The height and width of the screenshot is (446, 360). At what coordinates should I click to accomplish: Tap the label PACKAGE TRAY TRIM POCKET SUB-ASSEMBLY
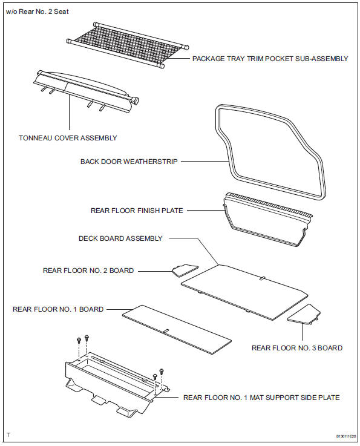point(270,59)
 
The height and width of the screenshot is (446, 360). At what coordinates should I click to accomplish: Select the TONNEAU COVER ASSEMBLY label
point(68,138)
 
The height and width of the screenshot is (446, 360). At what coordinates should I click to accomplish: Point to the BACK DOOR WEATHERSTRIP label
point(129,162)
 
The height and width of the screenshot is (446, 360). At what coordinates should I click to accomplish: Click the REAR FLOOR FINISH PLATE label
point(137,211)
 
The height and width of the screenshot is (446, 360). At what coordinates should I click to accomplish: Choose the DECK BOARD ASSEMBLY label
point(120,238)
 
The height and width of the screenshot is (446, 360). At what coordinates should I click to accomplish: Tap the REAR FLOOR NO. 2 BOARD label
point(88,271)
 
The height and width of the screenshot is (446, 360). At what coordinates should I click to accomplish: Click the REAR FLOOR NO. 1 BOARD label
point(58,309)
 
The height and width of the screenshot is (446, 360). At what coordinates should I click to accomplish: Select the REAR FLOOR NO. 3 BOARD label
point(297,348)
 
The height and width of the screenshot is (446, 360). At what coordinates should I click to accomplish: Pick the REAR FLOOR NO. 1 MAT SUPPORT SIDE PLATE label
point(261,398)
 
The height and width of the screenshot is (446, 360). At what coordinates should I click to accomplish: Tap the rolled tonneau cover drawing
point(85,89)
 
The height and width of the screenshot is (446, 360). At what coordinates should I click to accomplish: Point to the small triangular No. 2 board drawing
point(185,270)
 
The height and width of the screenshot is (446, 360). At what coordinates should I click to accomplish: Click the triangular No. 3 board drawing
point(304,313)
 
